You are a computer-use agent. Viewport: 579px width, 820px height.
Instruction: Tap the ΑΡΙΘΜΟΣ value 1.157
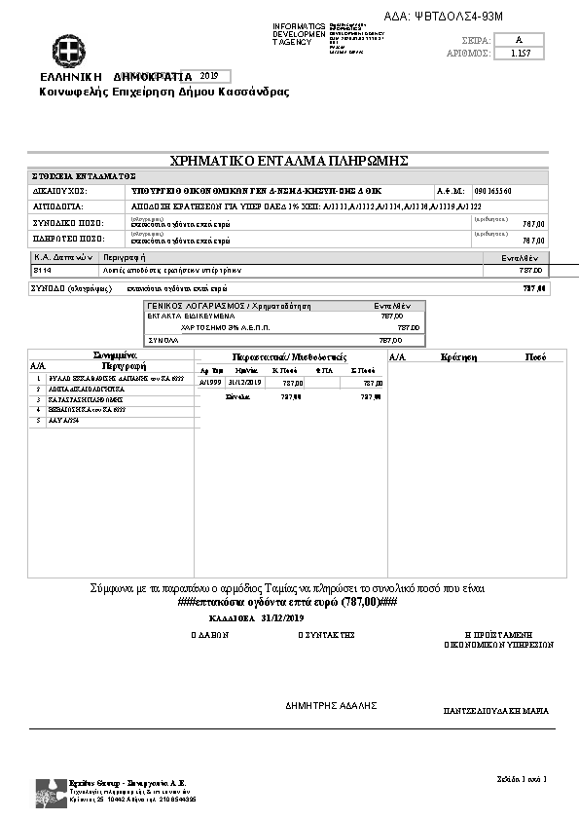tap(520, 55)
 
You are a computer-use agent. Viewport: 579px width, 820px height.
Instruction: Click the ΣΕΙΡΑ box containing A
tap(520, 40)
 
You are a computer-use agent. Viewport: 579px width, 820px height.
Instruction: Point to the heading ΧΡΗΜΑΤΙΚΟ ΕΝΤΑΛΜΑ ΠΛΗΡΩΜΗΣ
tap(289, 160)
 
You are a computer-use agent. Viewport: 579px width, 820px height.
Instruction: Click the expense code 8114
tap(42, 270)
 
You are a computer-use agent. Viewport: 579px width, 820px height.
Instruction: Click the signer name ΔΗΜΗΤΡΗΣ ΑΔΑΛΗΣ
tap(331, 705)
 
